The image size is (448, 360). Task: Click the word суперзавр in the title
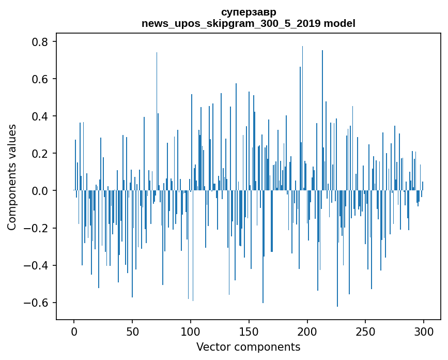[x=248, y=12]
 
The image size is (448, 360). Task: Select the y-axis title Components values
[x=12, y=177]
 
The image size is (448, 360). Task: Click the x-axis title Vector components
[x=248, y=347]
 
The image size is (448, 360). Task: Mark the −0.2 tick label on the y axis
[x=38, y=228]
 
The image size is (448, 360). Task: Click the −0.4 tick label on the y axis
[x=38, y=265]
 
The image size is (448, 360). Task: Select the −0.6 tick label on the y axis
[x=38, y=303]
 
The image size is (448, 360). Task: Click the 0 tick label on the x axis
[x=74, y=331]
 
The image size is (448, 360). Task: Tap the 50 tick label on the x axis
[x=132, y=331]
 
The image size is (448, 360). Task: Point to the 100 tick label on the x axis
[x=191, y=331]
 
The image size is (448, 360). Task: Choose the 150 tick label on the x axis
[x=249, y=331]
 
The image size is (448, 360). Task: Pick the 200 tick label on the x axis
[x=307, y=331]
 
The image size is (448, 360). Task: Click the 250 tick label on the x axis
[x=366, y=331]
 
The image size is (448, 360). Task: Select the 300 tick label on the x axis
[x=424, y=331]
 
